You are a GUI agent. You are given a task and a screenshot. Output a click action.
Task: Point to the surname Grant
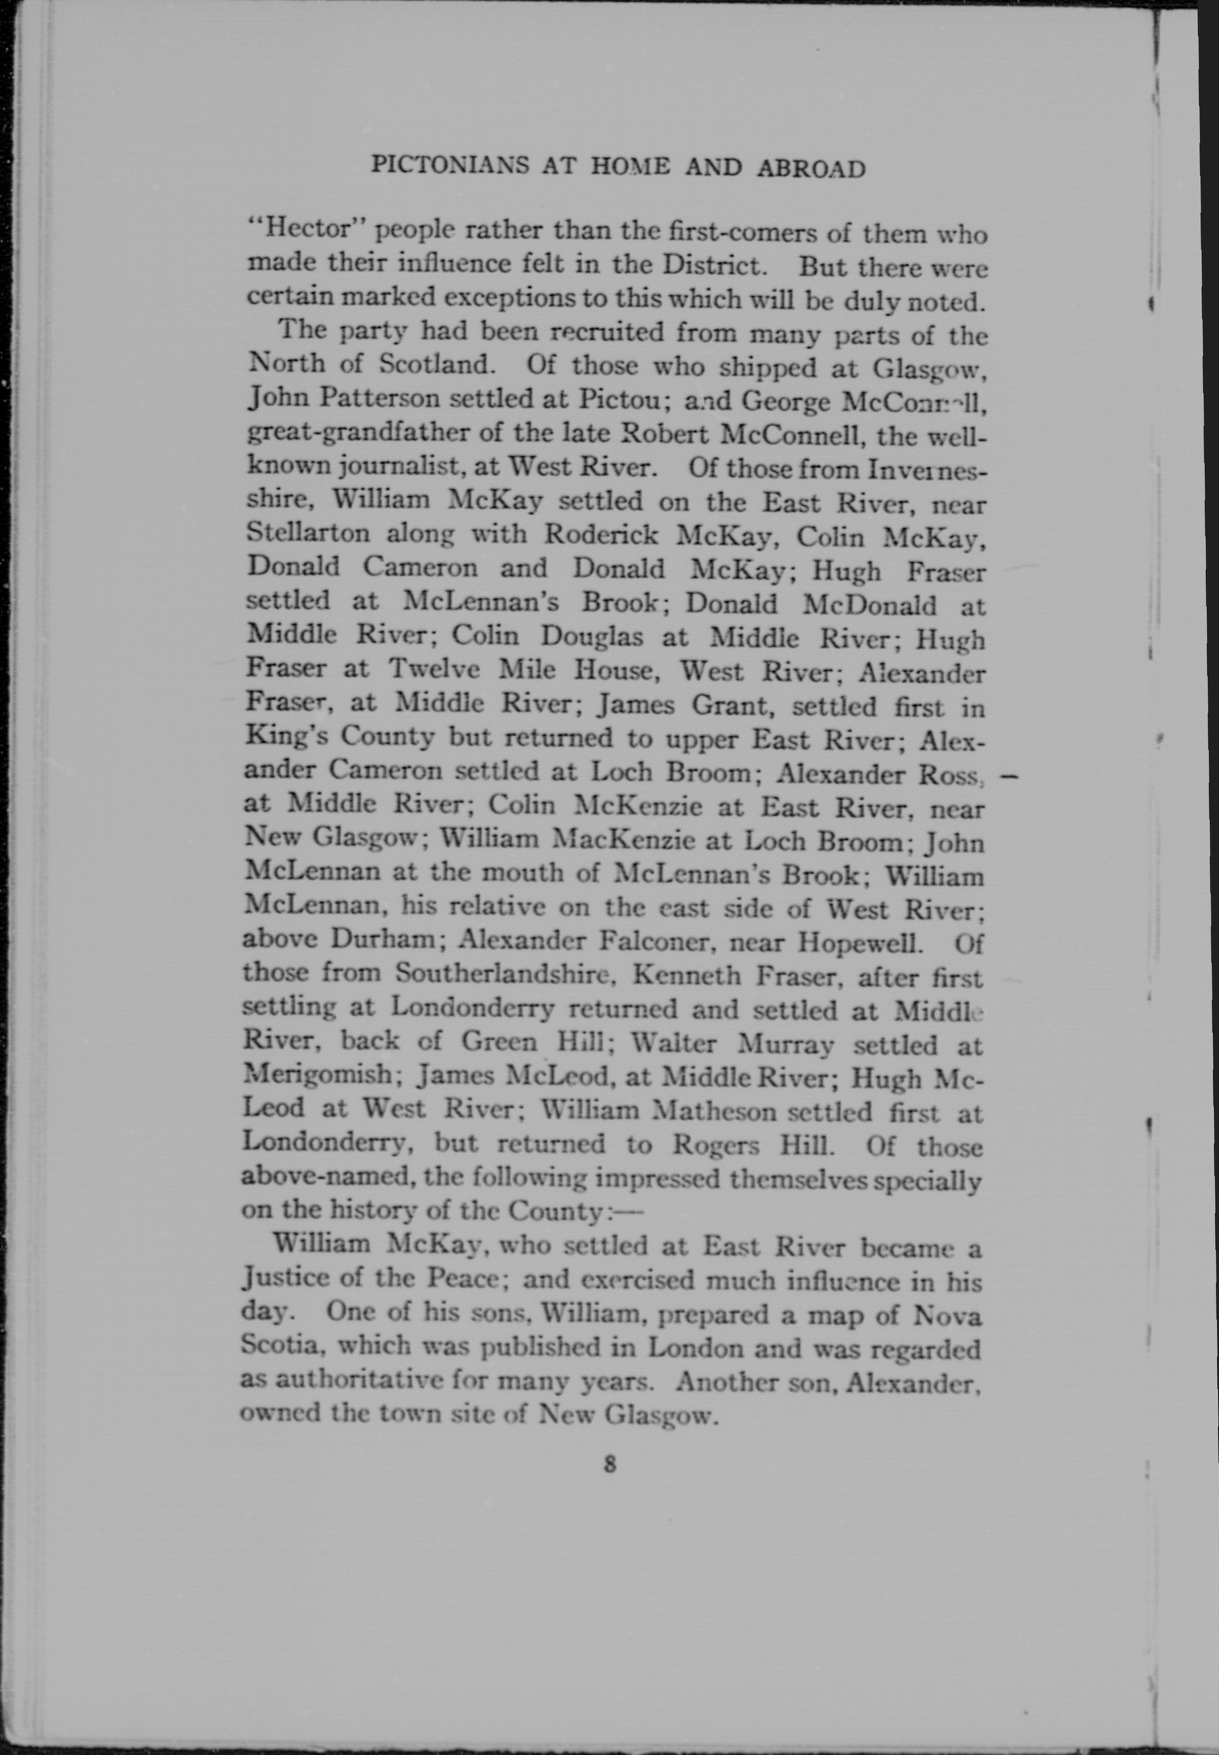[x=734, y=704]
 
